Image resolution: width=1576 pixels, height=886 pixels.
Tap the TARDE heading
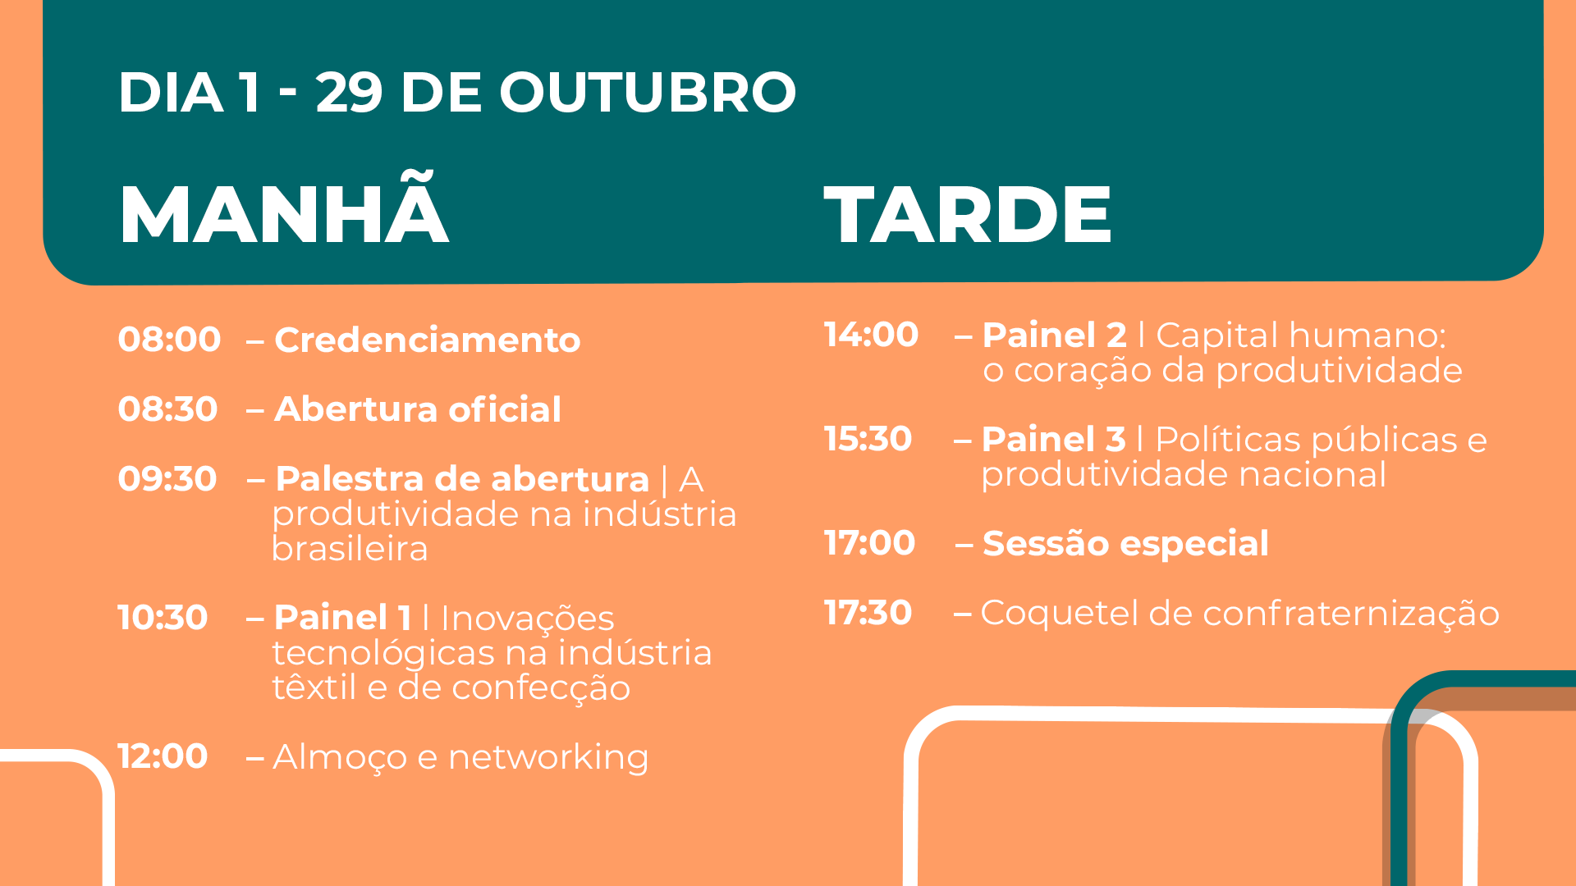[968, 215]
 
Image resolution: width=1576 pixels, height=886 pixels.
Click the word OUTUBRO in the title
[648, 92]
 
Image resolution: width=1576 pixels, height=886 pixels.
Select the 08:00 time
[169, 340]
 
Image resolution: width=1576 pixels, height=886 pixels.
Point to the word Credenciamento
[428, 340]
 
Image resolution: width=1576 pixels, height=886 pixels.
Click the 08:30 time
[167, 409]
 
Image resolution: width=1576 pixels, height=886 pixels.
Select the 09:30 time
[167, 479]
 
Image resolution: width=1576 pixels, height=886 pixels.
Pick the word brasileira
[350, 549]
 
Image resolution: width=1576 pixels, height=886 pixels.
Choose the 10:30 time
[163, 618]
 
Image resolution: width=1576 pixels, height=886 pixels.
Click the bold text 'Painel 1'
[342, 618]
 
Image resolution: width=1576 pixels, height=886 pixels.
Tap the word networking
[548, 758]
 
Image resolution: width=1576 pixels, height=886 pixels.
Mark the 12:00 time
[163, 756]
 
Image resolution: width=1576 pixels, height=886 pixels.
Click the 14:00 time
[871, 335]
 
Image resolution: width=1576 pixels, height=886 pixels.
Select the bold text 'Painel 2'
[1054, 336]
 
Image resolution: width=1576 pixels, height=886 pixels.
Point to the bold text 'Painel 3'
[1053, 440]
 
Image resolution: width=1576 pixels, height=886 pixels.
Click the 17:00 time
[869, 543]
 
